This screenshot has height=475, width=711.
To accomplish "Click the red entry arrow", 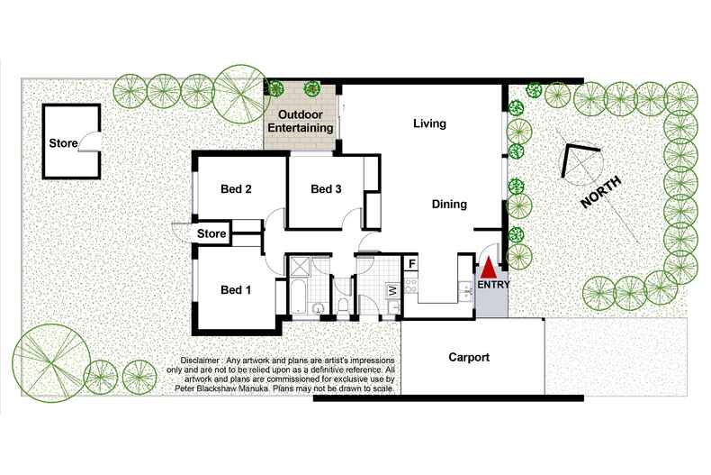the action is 489,268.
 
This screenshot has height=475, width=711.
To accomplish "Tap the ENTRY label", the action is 493,285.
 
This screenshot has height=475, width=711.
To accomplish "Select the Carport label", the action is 469,358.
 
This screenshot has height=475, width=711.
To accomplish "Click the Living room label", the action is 429,123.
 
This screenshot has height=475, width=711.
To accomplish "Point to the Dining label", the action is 449,205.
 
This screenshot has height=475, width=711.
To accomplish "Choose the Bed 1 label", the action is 236,289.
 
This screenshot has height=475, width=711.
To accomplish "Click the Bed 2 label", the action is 236,189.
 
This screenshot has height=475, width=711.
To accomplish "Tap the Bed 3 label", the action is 326,189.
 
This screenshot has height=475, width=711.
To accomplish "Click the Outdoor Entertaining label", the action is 301,122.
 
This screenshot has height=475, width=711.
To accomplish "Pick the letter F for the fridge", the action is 411,264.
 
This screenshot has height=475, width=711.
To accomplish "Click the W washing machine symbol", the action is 391,289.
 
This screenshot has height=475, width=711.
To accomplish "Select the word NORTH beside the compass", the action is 601,193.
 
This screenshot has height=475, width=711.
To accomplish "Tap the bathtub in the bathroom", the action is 299,297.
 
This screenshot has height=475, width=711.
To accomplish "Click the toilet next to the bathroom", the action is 343,305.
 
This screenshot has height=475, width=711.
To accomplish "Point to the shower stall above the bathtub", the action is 300,268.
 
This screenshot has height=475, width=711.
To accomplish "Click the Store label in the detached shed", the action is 63,143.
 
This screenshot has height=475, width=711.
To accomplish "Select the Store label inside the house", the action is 211,233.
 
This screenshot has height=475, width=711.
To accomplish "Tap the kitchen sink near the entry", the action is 464,288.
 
